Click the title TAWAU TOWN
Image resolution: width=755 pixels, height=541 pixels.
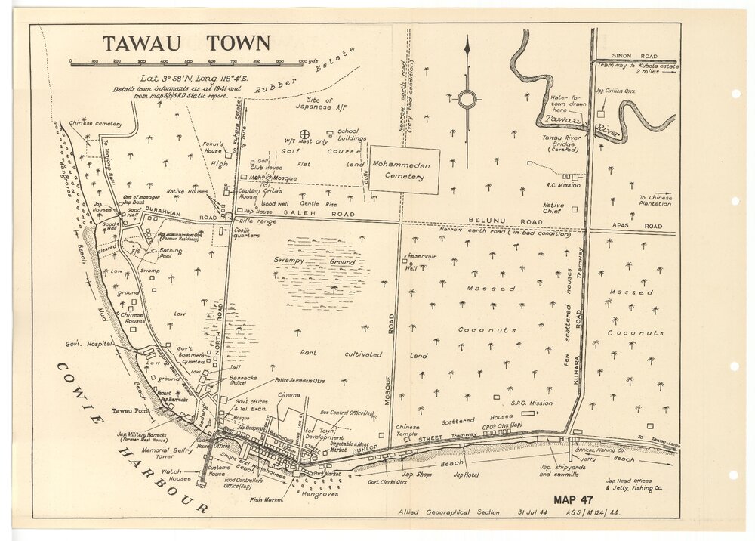pyautogui.click(x=186, y=43)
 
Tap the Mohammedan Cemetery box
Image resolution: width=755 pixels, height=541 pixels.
pyautogui.click(x=404, y=171)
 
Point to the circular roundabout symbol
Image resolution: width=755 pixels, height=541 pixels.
pyautogui.click(x=467, y=98)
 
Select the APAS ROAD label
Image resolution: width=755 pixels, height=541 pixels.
pyautogui.click(x=643, y=226)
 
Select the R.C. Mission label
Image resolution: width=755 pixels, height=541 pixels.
pyautogui.click(x=563, y=184)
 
